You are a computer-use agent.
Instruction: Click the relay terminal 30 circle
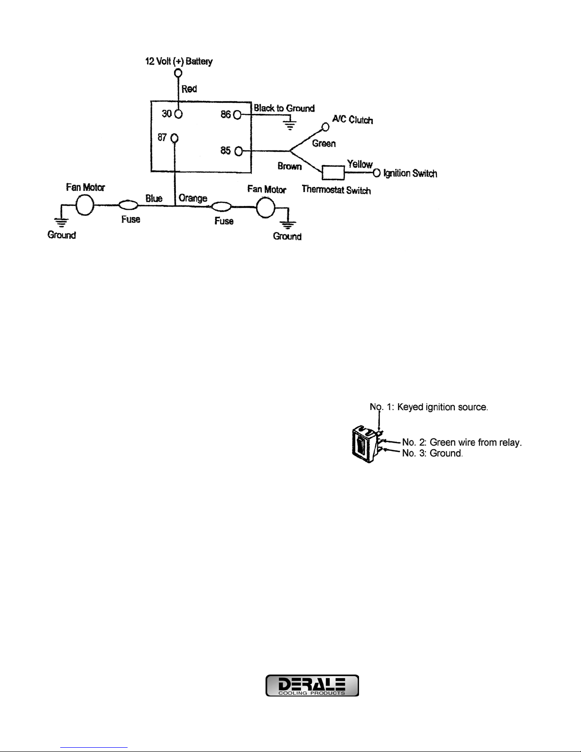178,114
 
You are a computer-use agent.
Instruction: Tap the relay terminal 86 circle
237,114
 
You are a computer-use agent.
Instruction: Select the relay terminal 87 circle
175,139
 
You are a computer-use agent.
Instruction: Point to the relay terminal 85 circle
239,151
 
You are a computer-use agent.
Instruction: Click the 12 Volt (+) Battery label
179,61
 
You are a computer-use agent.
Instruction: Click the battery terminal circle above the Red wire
178,73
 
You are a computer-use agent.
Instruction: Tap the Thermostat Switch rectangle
333,173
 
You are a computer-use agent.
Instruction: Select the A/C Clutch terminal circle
325,127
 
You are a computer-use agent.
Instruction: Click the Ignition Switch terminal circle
377,173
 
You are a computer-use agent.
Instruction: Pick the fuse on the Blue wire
129,205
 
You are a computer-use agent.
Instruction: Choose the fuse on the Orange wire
221,207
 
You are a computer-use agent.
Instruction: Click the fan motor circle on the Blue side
85,205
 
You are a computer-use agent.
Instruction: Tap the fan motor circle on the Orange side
266,208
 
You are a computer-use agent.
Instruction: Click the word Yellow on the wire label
360,164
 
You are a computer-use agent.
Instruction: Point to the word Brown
289,166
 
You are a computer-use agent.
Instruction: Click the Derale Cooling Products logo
312,685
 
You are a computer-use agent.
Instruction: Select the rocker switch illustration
367,445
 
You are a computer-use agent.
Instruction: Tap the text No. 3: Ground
432,453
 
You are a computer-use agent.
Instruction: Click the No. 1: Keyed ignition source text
429,407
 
